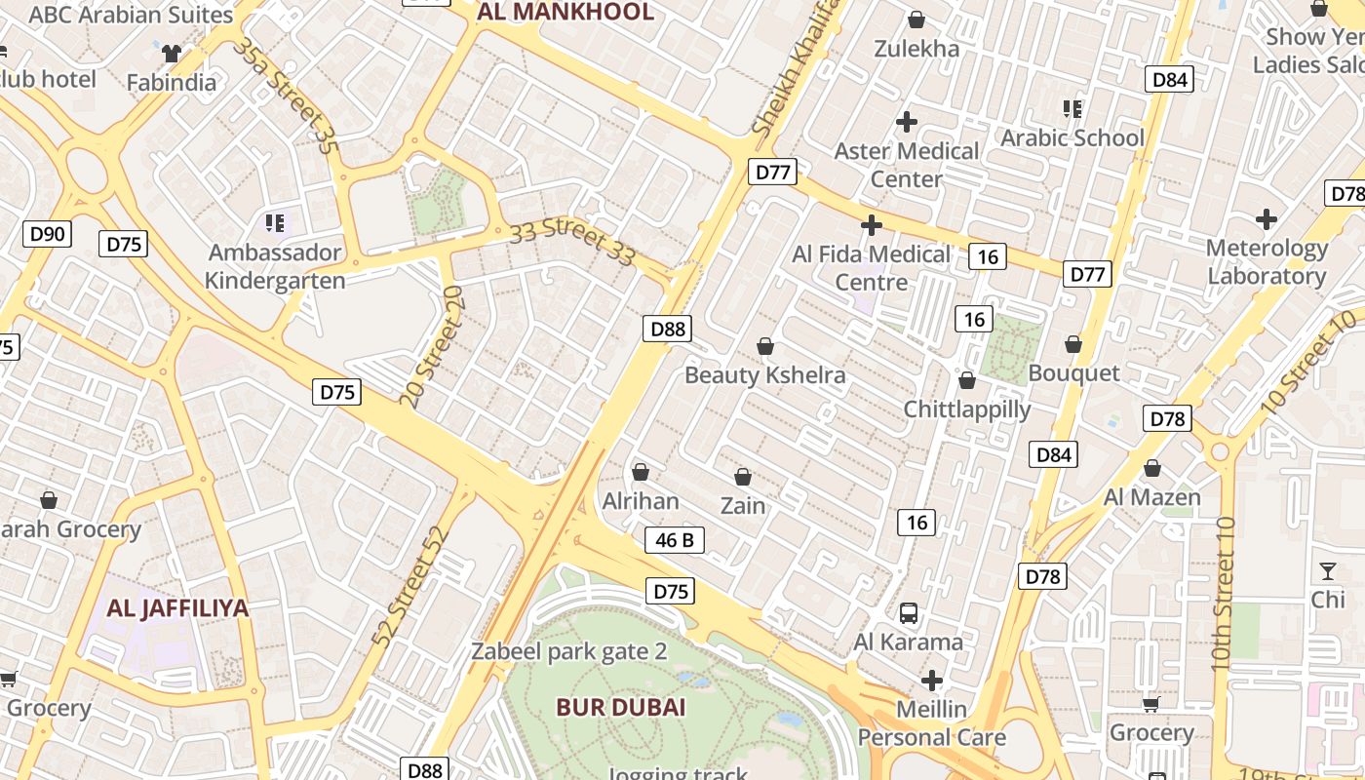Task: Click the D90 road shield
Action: click(47, 233)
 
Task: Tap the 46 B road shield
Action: click(675, 540)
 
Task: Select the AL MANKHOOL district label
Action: click(565, 12)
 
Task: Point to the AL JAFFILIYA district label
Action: click(177, 608)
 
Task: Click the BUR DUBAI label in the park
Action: click(621, 707)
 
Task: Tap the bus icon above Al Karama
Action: click(909, 613)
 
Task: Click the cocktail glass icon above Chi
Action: click(1327, 571)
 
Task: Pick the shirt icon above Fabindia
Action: click(172, 54)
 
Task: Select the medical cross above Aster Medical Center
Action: click(907, 122)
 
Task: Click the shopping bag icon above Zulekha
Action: click(916, 19)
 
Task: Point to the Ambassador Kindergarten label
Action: click(276, 267)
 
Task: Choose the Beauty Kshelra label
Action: click(765, 375)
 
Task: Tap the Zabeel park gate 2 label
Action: click(569, 651)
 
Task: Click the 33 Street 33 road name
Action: click(572, 243)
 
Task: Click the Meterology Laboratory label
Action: click(1267, 261)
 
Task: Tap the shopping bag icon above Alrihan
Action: click(641, 473)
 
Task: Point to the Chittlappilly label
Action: click(967, 409)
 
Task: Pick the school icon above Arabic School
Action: click(1072, 108)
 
